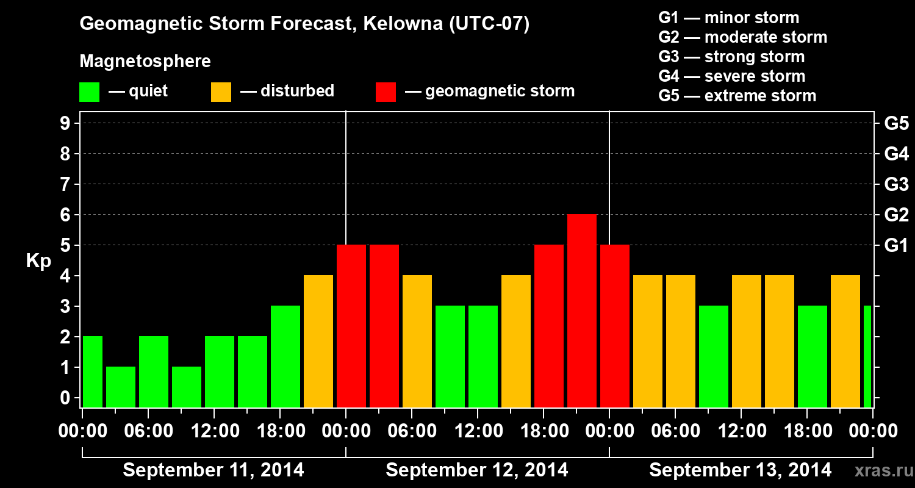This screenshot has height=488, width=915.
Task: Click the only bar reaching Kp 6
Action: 582,310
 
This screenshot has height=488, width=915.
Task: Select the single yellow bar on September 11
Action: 318,341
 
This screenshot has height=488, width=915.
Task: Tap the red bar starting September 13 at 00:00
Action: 615,326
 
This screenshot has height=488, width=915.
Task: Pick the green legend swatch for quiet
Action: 89,91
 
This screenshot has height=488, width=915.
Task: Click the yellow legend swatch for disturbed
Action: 221,91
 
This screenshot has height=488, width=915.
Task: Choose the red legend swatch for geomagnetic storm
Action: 386,91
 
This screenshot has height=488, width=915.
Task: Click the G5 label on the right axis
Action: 896,124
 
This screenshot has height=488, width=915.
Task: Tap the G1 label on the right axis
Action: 896,246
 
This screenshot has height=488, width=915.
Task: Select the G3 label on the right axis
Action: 896,185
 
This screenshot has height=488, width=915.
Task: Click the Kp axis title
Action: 38,261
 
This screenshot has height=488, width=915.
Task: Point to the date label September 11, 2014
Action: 213,470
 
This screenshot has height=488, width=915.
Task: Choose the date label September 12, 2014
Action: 477,470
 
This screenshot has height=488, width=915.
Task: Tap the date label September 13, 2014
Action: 740,470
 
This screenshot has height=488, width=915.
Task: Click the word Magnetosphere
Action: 145,62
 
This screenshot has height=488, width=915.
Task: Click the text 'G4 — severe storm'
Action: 732,76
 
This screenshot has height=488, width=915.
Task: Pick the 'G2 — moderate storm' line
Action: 742,37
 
